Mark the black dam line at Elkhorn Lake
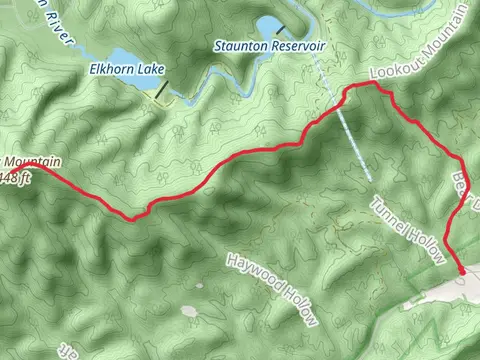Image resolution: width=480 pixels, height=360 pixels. click(161, 91)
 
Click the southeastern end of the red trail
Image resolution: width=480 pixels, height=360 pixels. click(462, 270)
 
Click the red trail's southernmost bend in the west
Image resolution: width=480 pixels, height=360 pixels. click(128, 217)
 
